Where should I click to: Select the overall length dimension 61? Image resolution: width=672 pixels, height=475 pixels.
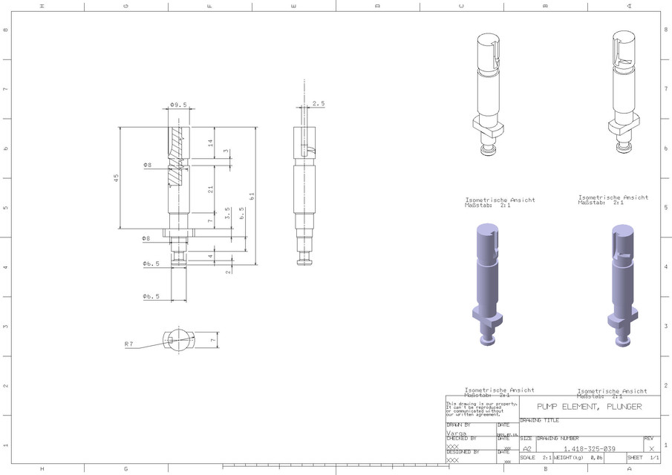click(x=252, y=196)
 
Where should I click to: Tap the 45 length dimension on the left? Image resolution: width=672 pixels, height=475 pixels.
click(x=116, y=178)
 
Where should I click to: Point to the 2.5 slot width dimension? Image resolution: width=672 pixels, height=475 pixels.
click(x=319, y=105)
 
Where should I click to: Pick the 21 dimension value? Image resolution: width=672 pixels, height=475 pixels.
click(x=210, y=191)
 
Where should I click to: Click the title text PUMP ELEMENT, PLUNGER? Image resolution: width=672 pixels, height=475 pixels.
click(x=589, y=407)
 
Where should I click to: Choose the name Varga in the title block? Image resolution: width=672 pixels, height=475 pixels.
click(x=456, y=432)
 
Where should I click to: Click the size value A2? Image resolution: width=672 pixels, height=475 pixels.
click(x=527, y=449)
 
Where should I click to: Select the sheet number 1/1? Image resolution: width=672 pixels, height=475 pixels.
click(x=653, y=458)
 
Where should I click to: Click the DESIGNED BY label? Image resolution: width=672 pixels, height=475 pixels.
click(x=463, y=451)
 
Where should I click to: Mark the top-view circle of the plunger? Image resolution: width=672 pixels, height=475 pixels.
click(x=178, y=341)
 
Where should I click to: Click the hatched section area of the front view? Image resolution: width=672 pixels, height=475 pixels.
click(x=177, y=156)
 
